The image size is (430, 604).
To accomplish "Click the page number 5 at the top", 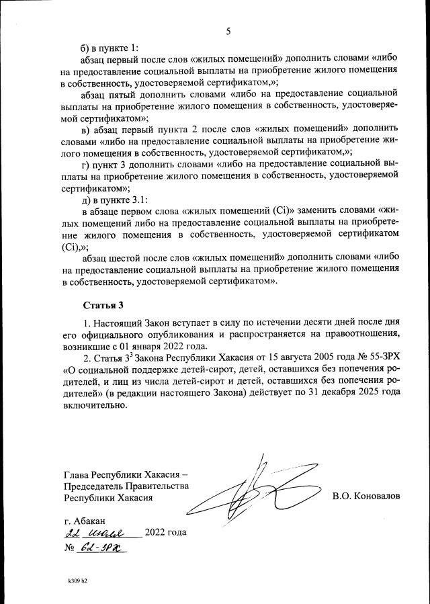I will [x=228, y=32].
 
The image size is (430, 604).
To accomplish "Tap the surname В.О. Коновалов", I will [x=365, y=496].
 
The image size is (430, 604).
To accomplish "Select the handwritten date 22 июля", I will [x=101, y=533].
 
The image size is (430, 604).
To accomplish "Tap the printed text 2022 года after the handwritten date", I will [x=165, y=533].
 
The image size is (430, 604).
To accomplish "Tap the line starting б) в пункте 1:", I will [x=109, y=48].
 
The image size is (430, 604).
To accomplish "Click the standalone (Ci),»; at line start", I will [x=76, y=246].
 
